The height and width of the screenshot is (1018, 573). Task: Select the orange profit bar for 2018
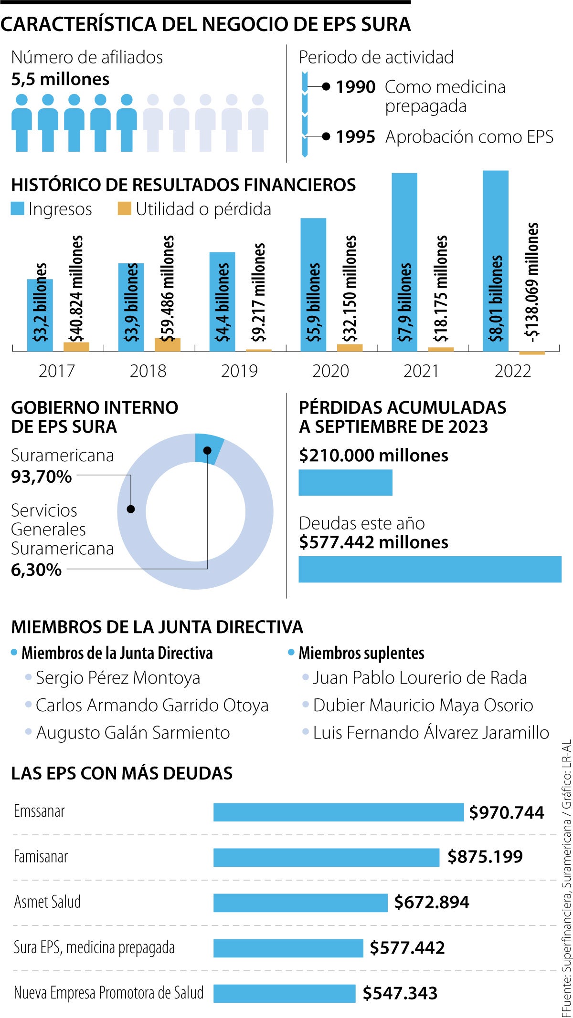coord(168,344)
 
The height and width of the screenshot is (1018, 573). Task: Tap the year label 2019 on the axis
coord(239,371)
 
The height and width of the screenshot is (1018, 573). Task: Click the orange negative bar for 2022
coord(532,353)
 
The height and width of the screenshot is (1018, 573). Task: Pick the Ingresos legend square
coord(18,208)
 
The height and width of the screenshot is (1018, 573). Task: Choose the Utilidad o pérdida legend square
coord(124,208)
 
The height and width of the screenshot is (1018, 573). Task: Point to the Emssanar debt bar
coord(338,812)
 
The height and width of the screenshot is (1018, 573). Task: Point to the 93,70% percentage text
coord(42,476)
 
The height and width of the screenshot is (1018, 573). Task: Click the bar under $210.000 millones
coord(345,482)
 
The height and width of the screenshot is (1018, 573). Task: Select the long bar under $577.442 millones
coord(430,569)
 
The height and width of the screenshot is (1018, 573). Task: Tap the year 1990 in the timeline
coord(356,87)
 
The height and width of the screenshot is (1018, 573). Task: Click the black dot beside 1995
coord(326,136)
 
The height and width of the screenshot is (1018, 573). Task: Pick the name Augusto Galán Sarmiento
coord(133,733)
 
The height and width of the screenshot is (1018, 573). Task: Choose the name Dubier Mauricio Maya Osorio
coord(423,705)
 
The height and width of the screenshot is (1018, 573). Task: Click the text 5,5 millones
coord(60,79)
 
